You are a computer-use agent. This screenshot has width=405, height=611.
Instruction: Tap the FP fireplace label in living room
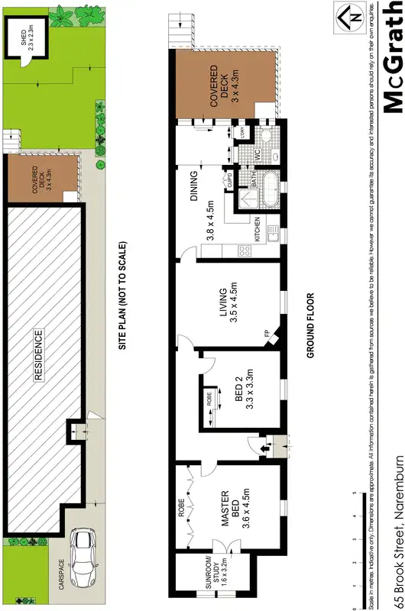pos(267,334)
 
